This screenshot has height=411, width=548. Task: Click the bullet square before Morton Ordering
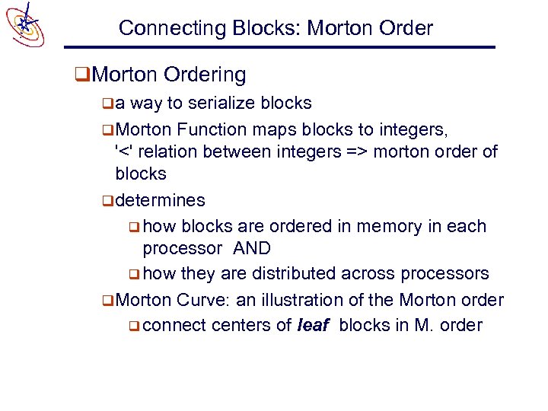pyautogui.click(x=80, y=75)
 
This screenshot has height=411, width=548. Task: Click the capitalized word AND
pyautogui.click(x=252, y=248)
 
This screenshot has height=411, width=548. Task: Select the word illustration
pyautogui.click(x=324, y=299)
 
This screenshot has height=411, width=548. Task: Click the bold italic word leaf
pyautogui.click(x=312, y=325)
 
